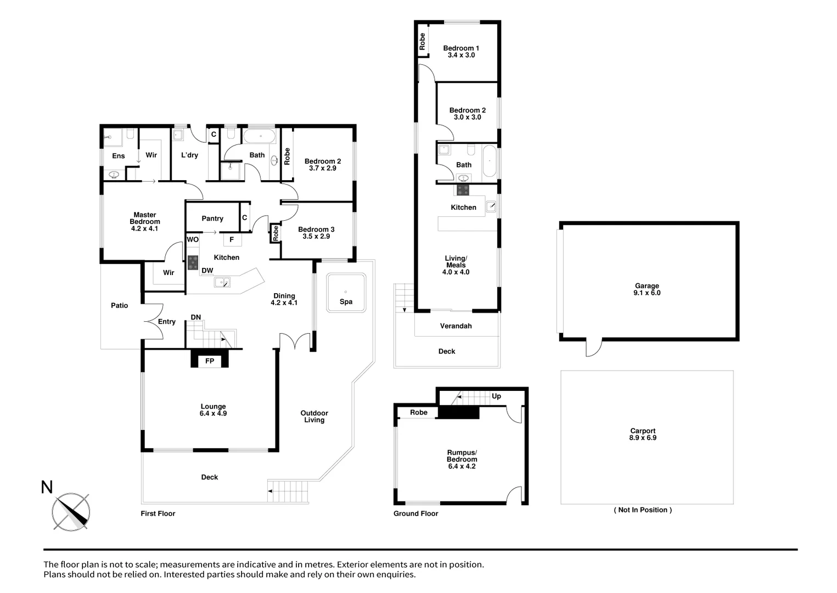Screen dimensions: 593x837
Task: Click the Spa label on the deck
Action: click(x=346, y=301)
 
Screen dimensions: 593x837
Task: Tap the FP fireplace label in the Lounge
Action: click(x=210, y=361)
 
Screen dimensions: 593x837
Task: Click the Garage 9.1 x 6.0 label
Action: click(x=647, y=289)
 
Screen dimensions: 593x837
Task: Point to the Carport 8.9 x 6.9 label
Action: click(x=642, y=434)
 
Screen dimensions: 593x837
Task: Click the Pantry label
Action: click(x=212, y=219)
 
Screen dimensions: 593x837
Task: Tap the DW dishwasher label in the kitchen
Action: click(x=207, y=271)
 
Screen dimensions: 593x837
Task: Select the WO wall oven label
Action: click(x=193, y=240)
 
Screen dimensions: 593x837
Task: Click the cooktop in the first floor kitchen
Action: click(x=193, y=262)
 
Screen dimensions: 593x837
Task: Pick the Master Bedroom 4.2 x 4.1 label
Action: click(x=145, y=222)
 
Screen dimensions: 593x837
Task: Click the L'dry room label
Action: click(x=189, y=155)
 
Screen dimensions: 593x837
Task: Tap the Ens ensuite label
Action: click(x=119, y=156)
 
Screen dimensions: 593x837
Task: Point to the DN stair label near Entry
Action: click(x=196, y=317)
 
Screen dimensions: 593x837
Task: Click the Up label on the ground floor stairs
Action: click(x=496, y=396)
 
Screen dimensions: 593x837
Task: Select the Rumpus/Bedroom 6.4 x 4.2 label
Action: click(x=462, y=460)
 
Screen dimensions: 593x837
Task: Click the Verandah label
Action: click(x=456, y=326)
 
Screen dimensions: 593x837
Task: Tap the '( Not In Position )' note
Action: click(x=642, y=510)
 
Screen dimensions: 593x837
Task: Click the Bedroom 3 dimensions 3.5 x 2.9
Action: click(x=316, y=237)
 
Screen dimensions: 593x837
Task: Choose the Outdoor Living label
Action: click(x=314, y=416)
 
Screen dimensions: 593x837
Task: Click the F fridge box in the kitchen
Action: click(x=232, y=240)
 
